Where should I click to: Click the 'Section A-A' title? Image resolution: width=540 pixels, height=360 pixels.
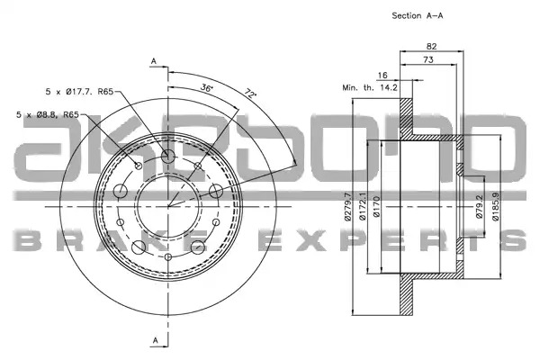[x=418, y=15]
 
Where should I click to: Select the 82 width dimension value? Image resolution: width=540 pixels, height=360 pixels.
[x=431, y=46]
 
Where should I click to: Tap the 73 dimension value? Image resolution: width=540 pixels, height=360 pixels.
[x=428, y=59]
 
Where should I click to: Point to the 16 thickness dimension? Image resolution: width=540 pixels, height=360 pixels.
[x=382, y=75]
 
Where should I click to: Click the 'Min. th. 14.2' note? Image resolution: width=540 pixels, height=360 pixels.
[x=370, y=87]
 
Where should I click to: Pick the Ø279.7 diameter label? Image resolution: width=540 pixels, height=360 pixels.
[x=348, y=206]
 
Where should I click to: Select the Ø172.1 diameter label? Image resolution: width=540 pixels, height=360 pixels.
[x=362, y=206]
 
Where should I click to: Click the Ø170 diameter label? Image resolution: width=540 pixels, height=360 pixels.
[x=376, y=206]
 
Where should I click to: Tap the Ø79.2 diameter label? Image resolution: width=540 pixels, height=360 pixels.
[x=480, y=206]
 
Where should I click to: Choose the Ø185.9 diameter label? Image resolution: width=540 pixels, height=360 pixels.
[x=496, y=206]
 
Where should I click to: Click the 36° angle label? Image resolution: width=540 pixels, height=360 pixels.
[x=207, y=87]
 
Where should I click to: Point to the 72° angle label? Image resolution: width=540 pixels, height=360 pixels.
[x=251, y=94]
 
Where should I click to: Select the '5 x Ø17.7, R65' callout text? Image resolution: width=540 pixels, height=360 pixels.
[x=79, y=92]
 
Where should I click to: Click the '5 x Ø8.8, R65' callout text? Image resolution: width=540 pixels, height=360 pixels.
[x=48, y=114]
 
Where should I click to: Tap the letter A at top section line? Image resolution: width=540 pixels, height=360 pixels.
[x=154, y=61]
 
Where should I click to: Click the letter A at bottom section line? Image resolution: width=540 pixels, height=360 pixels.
[x=156, y=340]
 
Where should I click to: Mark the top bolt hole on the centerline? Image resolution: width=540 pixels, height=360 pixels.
[x=168, y=157]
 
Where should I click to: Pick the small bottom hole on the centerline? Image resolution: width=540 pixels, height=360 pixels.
[x=168, y=256]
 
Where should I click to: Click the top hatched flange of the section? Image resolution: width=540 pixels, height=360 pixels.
[x=406, y=117]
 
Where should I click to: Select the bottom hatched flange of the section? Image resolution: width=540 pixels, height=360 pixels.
[x=406, y=295]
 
